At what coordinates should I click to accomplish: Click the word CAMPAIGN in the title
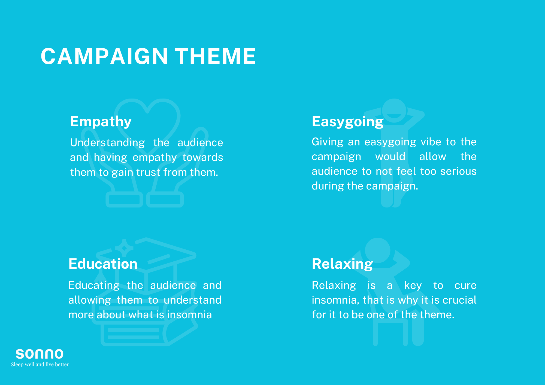point(104,56)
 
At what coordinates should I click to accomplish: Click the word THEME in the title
point(215,56)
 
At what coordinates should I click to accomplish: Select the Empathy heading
point(101,121)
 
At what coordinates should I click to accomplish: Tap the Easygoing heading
point(348,121)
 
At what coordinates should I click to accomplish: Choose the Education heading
point(103,264)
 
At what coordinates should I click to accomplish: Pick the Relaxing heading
point(342,264)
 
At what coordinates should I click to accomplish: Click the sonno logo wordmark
point(40,354)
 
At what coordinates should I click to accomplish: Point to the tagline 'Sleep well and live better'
point(40,365)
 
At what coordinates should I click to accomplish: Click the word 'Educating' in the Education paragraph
point(94,286)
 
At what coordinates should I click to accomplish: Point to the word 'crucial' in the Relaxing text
point(460,300)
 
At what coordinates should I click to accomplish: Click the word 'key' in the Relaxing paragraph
point(413,286)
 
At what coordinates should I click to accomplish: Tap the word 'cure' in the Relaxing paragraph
point(465,286)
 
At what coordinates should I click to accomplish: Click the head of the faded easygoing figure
point(394,111)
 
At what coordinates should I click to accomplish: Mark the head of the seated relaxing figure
point(377,250)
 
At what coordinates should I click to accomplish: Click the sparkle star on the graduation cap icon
point(124,248)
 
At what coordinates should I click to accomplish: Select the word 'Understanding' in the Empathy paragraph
point(107,143)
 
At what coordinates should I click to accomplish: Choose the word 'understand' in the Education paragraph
point(193,300)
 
